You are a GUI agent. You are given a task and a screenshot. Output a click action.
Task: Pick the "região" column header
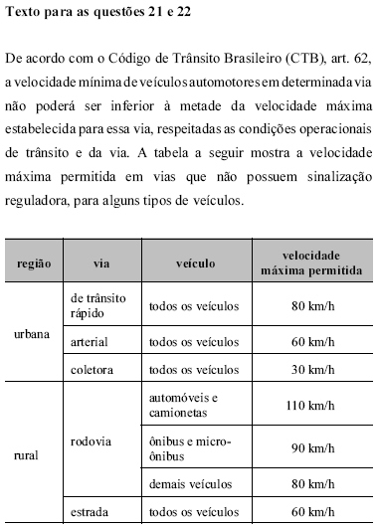pyautogui.click(x=34, y=265)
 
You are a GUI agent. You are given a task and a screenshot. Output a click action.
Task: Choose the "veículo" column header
pyautogui.click(x=196, y=265)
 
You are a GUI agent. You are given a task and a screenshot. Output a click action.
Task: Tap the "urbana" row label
pyautogui.click(x=32, y=334)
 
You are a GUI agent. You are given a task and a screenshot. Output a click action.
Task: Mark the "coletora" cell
pyautogui.click(x=93, y=369)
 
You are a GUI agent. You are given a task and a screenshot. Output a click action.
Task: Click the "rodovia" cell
pyautogui.click(x=93, y=440)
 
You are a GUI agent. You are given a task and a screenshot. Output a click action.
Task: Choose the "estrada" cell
pyautogui.click(x=91, y=512)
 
